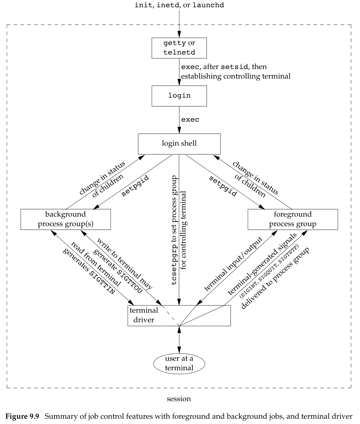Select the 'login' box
pos(179,96)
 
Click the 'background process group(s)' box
pos(66,219)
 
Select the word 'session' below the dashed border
pos(179,399)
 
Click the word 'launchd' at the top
pos(207,6)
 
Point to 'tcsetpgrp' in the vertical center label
pos(174,267)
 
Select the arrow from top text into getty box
pos(179,23)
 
